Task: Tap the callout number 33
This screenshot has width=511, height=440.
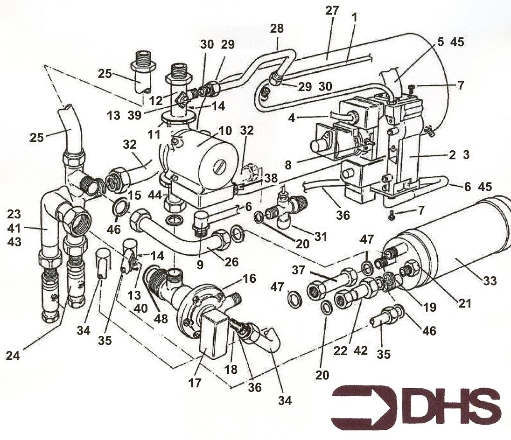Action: (x=490, y=280)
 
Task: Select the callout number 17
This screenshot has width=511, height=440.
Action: (x=195, y=383)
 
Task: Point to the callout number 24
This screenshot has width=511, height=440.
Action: (x=13, y=356)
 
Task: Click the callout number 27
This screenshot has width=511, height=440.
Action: (x=332, y=11)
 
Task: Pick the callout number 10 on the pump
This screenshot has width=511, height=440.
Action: (x=225, y=131)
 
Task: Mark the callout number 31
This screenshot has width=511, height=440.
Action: (x=321, y=237)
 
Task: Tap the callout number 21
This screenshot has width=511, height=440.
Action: (x=465, y=303)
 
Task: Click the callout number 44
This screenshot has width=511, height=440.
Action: (x=155, y=195)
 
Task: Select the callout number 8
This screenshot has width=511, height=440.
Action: (x=288, y=165)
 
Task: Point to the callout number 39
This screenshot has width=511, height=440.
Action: (x=134, y=115)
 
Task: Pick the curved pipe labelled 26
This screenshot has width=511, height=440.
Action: (x=180, y=233)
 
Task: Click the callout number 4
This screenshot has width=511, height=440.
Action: (x=292, y=118)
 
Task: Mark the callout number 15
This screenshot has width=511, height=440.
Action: (x=134, y=195)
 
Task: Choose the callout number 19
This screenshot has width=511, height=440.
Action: (x=429, y=307)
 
